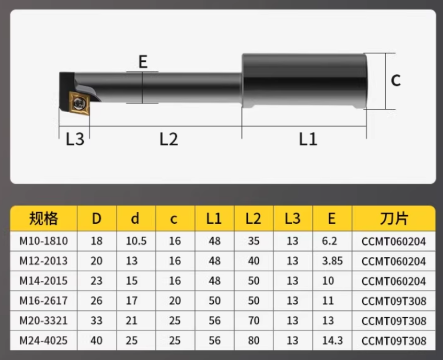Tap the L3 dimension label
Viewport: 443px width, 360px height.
click(75, 139)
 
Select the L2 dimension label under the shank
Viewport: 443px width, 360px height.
click(168, 139)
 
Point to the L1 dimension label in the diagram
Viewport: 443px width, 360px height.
click(308, 139)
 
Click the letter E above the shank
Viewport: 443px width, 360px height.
click(143, 62)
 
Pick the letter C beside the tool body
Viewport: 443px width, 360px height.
click(395, 80)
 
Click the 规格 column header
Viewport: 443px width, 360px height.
click(44, 218)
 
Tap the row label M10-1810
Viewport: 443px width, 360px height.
click(44, 241)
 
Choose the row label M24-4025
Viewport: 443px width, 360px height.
click(44, 340)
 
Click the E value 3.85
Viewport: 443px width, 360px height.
click(332, 261)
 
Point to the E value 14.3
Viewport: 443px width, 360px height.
click(332, 340)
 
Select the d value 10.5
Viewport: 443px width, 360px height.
click(136, 241)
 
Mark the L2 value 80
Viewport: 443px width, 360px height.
click(253, 340)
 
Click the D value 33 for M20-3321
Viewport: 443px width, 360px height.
click(97, 320)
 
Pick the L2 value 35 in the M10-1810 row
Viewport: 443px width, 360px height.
click(253, 241)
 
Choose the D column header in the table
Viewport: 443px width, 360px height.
click(97, 218)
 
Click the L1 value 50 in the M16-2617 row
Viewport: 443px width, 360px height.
click(214, 301)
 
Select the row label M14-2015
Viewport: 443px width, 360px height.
click(44, 281)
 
